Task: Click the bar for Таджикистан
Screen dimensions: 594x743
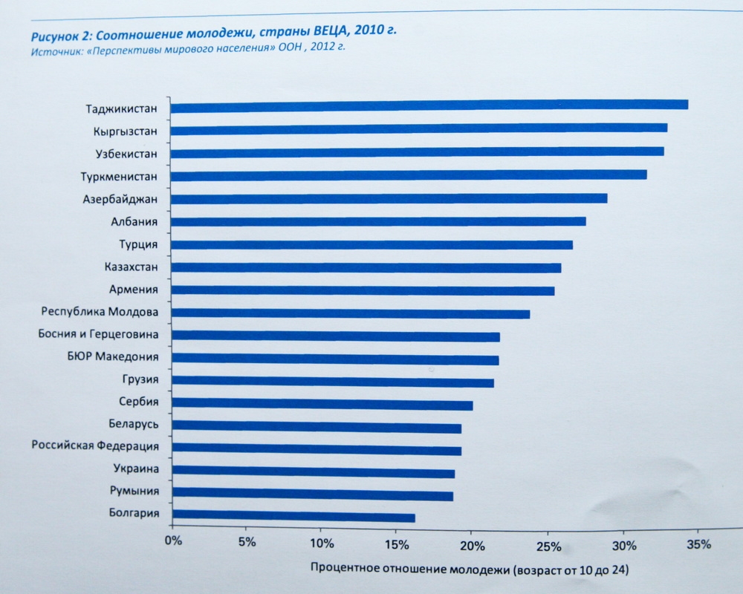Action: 429,105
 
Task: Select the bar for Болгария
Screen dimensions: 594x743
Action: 293,516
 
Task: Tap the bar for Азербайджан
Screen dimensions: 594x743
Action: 389,198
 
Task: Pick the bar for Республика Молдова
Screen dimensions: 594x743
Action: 350,314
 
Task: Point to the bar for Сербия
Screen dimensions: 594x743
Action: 322,405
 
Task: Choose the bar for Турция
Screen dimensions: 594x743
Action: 371,245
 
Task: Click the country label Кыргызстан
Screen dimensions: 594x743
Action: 126,131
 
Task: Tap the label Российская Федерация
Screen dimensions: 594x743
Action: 94,446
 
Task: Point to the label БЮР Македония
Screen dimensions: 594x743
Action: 112,356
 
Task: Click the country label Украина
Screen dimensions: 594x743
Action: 135,469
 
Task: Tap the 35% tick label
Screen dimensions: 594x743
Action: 699,544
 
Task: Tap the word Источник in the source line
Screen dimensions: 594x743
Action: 56,52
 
